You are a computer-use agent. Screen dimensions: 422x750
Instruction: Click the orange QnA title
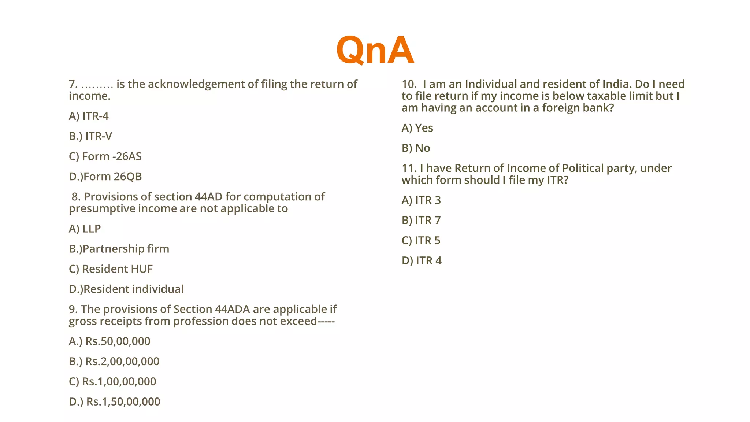(375, 50)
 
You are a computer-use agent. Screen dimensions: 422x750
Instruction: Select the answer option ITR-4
(89, 116)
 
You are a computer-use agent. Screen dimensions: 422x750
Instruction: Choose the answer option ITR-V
(90, 136)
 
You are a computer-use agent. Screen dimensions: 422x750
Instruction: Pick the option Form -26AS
(105, 156)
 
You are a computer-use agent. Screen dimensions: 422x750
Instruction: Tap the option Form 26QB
(105, 177)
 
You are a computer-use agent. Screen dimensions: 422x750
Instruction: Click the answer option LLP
(85, 229)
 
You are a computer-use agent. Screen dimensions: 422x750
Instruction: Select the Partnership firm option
(119, 249)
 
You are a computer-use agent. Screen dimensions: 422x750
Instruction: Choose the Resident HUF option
(111, 269)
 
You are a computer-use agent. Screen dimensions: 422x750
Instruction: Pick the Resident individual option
(126, 289)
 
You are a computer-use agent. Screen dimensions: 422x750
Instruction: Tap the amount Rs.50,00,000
(109, 341)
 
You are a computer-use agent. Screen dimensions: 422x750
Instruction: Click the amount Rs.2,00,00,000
(114, 361)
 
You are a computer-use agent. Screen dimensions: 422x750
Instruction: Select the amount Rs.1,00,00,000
(112, 381)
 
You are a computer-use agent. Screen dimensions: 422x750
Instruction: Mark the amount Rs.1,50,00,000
(115, 401)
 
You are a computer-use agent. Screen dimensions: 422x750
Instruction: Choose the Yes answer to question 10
(417, 128)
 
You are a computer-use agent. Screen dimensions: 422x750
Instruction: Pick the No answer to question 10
(416, 148)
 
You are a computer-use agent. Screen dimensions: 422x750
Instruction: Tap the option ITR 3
(421, 200)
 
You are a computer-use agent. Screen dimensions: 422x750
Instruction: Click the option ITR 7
(421, 221)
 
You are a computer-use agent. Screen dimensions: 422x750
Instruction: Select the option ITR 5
(421, 241)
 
